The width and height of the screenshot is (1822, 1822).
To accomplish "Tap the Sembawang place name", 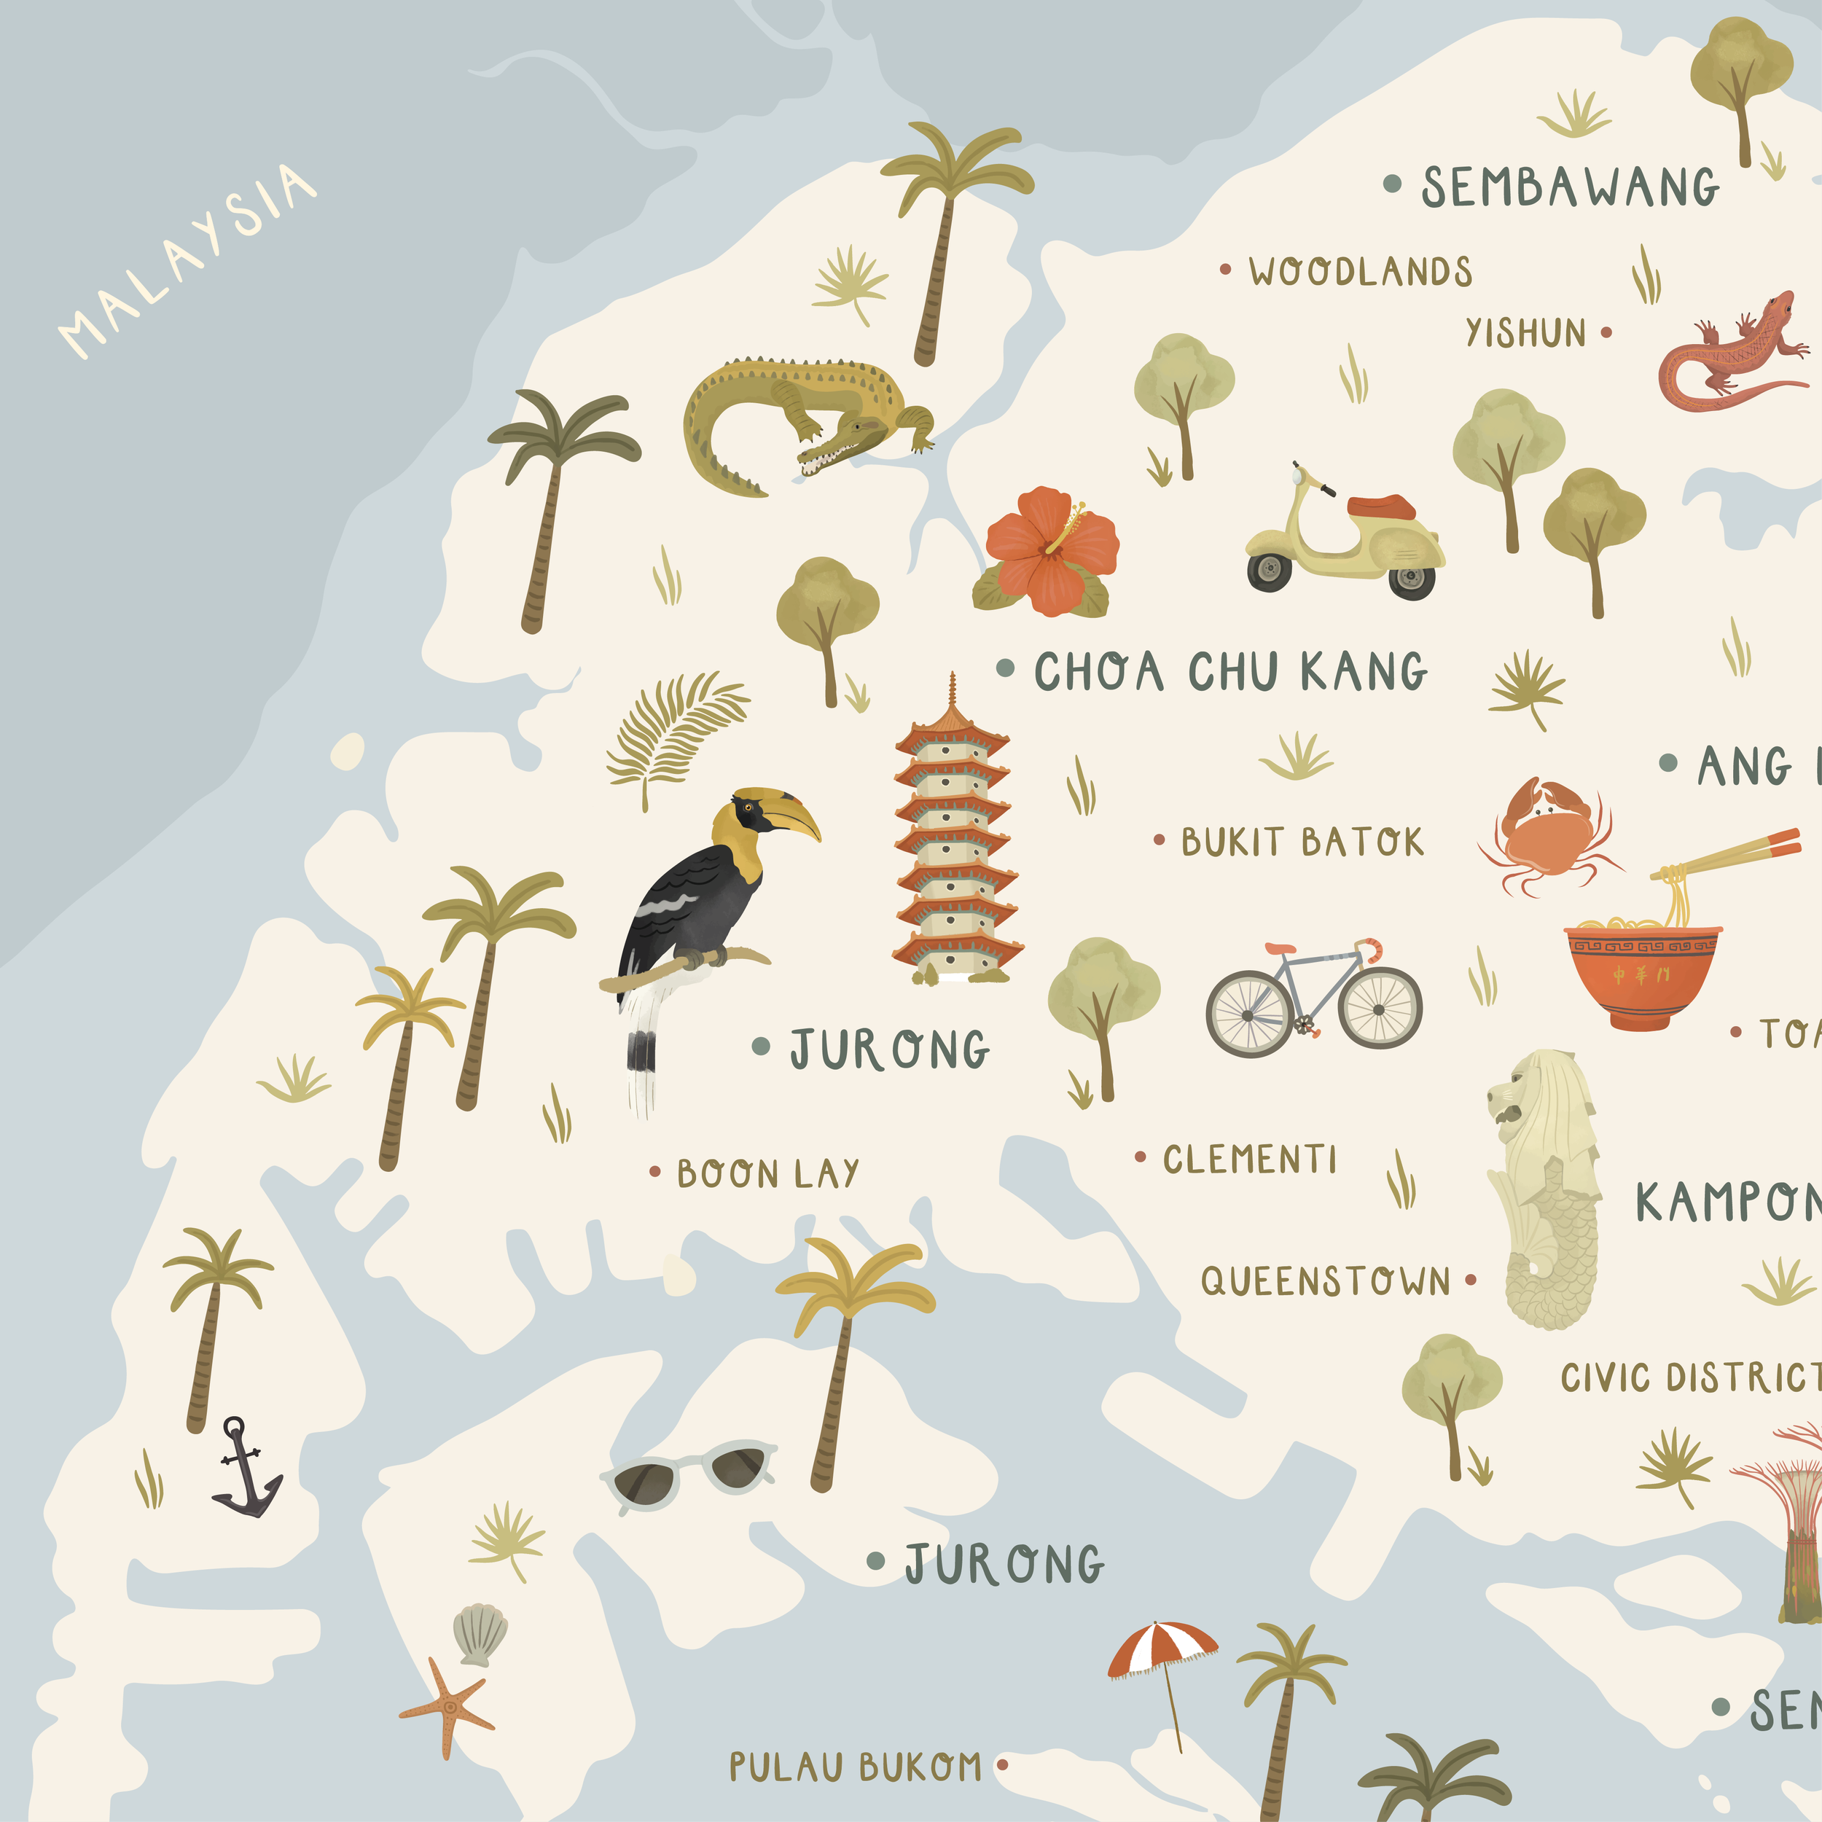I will click(1569, 187).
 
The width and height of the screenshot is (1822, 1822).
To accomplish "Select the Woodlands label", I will click(1360, 272).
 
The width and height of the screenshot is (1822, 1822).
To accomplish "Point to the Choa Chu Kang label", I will click(1231, 671).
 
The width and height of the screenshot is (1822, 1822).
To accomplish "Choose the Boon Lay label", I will click(767, 1174).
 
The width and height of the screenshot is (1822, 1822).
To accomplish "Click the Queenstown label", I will click(1325, 1281).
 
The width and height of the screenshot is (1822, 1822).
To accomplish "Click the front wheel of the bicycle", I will click(1380, 1009).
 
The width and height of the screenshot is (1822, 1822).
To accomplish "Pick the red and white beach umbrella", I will click(1162, 1648).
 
